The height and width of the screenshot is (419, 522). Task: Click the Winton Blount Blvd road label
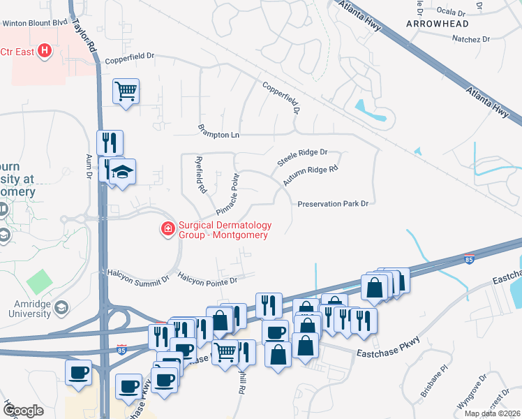click(x=34, y=23)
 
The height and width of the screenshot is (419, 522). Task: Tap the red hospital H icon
click(x=45, y=51)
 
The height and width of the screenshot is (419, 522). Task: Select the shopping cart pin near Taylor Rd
click(x=126, y=91)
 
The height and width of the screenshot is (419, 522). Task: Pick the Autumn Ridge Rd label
click(x=311, y=175)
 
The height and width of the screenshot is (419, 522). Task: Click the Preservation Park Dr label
click(x=332, y=204)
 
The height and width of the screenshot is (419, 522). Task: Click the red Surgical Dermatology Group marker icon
click(x=167, y=229)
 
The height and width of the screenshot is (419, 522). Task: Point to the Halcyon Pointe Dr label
click(x=207, y=279)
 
